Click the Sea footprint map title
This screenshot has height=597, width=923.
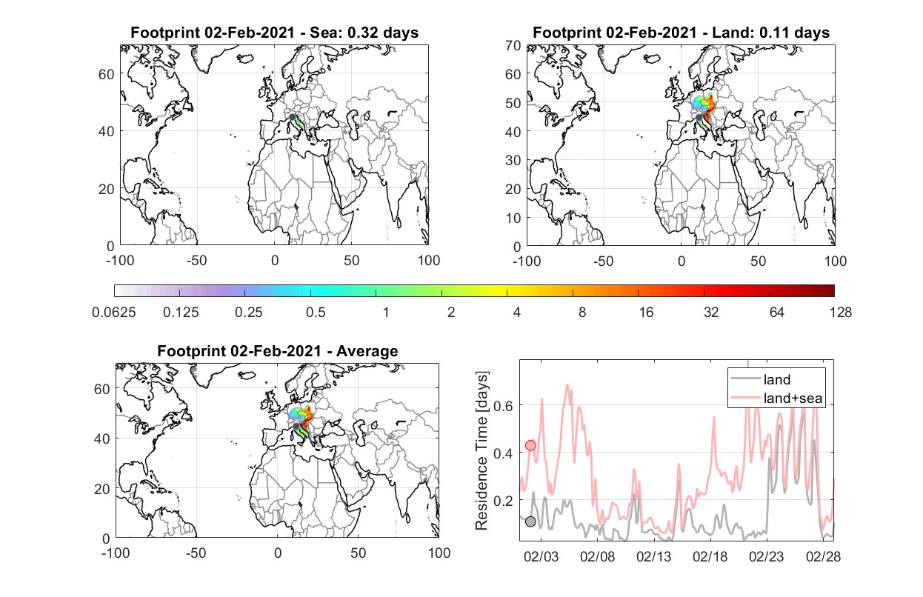tap(274, 33)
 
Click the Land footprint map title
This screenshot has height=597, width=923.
tap(681, 33)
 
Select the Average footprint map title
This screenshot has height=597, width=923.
tap(278, 351)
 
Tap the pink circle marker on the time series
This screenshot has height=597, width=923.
tap(530, 445)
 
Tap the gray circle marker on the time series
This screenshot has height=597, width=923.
tap(530, 521)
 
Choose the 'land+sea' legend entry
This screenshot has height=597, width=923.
tap(776, 398)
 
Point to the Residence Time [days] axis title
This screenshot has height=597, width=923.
tap(482, 450)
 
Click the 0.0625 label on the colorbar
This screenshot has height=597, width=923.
tap(114, 313)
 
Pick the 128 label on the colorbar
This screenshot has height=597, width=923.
tap(840, 313)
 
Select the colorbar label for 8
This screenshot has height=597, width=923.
tap(582, 313)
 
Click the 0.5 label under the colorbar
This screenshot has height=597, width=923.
tap(316, 313)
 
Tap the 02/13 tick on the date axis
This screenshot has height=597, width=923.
tap(653, 557)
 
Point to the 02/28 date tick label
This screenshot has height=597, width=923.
tap(823, 557)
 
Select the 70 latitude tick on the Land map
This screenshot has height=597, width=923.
tap(513, 45)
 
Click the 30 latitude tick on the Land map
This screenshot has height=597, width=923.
tap(513, 160)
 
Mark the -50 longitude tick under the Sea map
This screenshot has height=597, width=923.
tap(196, 261)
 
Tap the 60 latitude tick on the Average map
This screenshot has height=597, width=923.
tap(101, 390)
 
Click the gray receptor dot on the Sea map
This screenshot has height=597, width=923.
tap(292, 117)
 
